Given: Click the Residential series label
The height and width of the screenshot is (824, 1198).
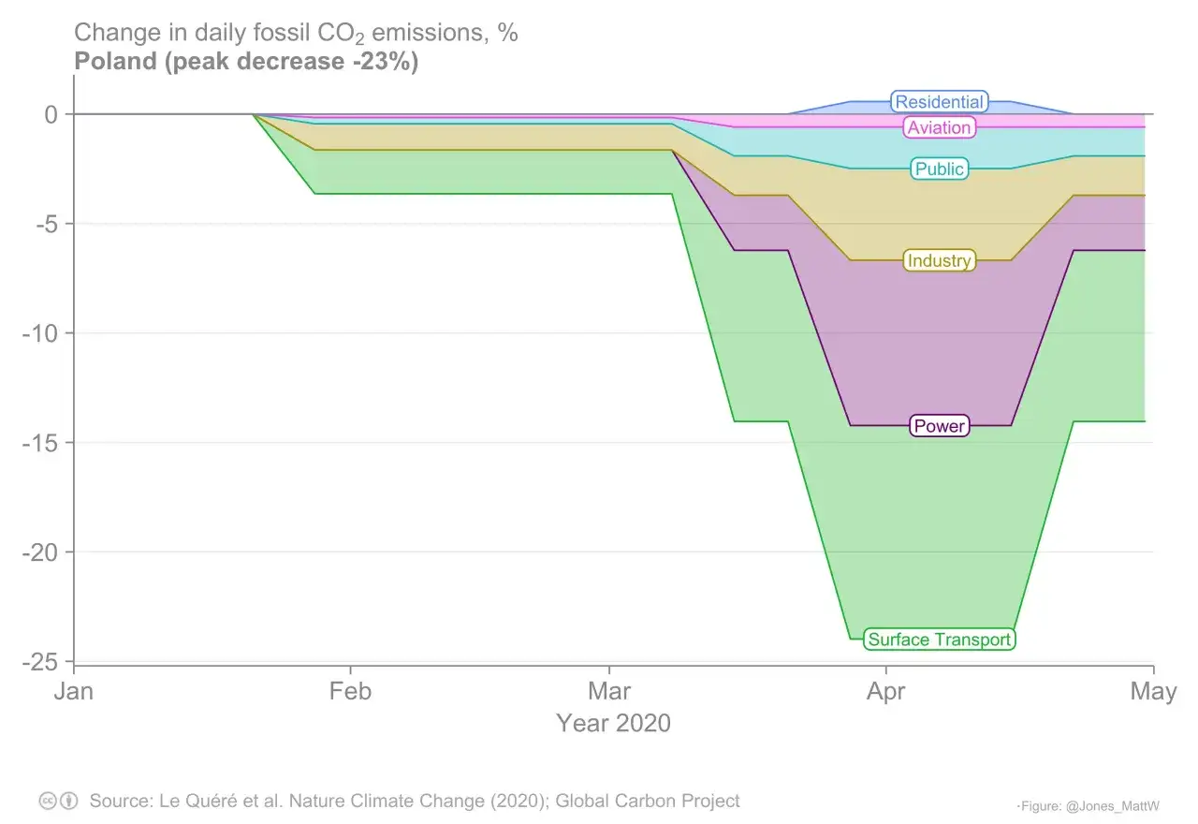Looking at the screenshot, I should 939,102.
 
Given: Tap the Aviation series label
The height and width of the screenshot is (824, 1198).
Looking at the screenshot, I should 939,127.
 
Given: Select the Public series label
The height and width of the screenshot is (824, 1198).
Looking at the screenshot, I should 939,169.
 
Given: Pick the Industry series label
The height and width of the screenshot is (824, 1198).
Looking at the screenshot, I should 939,260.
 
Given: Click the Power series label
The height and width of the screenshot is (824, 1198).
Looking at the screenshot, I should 939,426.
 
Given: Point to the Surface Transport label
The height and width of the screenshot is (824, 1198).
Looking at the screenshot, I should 939,640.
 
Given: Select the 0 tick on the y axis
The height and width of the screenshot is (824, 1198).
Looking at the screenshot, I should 51,114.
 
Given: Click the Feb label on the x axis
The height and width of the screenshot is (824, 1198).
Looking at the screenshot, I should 350,692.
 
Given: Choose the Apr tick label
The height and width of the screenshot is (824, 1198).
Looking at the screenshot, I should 885,692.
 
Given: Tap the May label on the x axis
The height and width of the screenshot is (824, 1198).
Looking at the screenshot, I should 1152,692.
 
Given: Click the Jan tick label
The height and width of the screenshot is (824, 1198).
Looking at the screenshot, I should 74,692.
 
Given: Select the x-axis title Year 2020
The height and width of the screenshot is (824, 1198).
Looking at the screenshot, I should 613,723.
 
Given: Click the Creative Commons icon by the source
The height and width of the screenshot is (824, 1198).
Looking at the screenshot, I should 48,802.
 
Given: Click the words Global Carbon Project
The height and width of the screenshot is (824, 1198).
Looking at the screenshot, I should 648,801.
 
